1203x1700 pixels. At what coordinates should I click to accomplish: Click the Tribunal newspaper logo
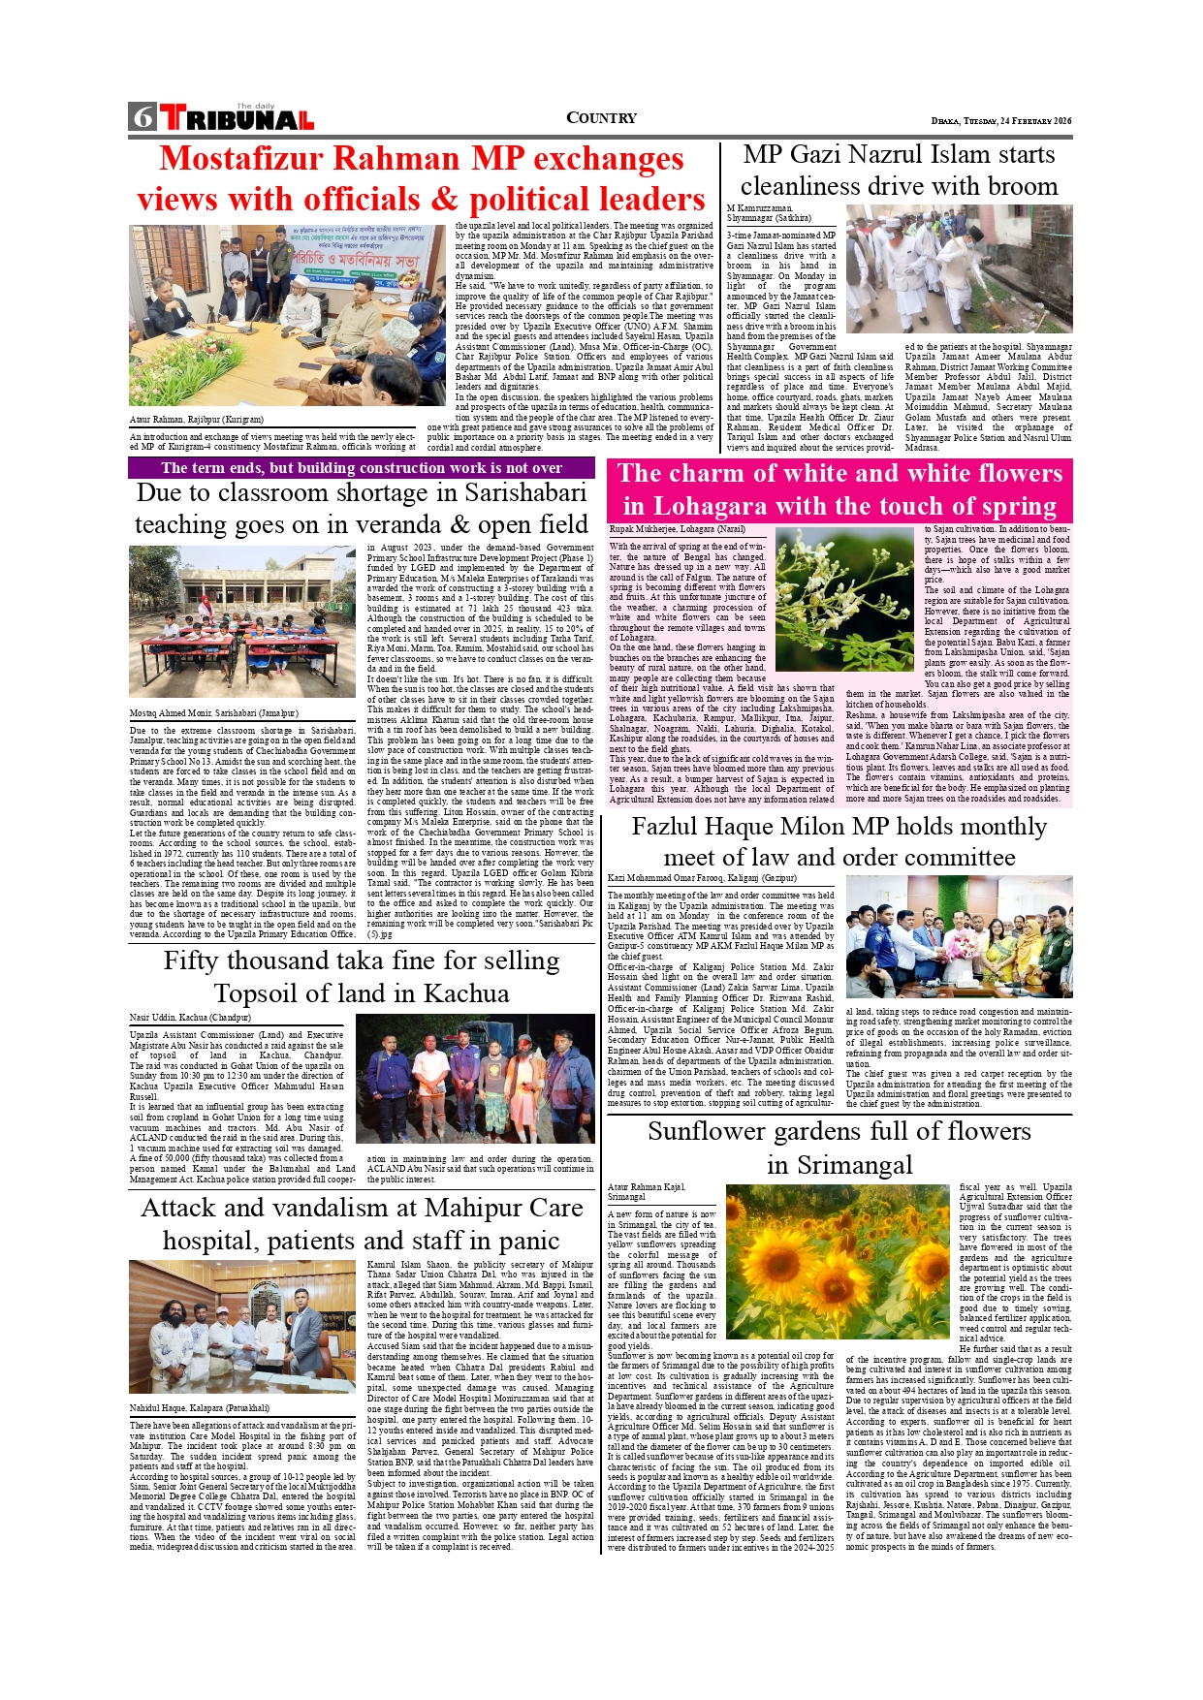[237, 118]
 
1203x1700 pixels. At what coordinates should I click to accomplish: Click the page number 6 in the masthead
[142, 117]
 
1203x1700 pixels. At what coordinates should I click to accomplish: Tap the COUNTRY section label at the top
[601, 118]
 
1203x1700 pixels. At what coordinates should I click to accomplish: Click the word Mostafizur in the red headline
[260, 159]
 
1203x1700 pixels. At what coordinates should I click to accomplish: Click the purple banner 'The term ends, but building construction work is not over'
[361, 468]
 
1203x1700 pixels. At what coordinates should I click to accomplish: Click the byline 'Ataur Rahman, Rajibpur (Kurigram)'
[196, 420]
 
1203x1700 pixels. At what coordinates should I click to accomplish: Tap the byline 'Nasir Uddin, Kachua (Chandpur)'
[190, 1018]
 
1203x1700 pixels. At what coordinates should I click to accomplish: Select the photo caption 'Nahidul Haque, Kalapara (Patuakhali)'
[200, 1407]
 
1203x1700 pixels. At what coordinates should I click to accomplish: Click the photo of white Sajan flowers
[845, 599]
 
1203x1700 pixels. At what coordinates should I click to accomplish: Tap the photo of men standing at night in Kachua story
[474, 1078]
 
